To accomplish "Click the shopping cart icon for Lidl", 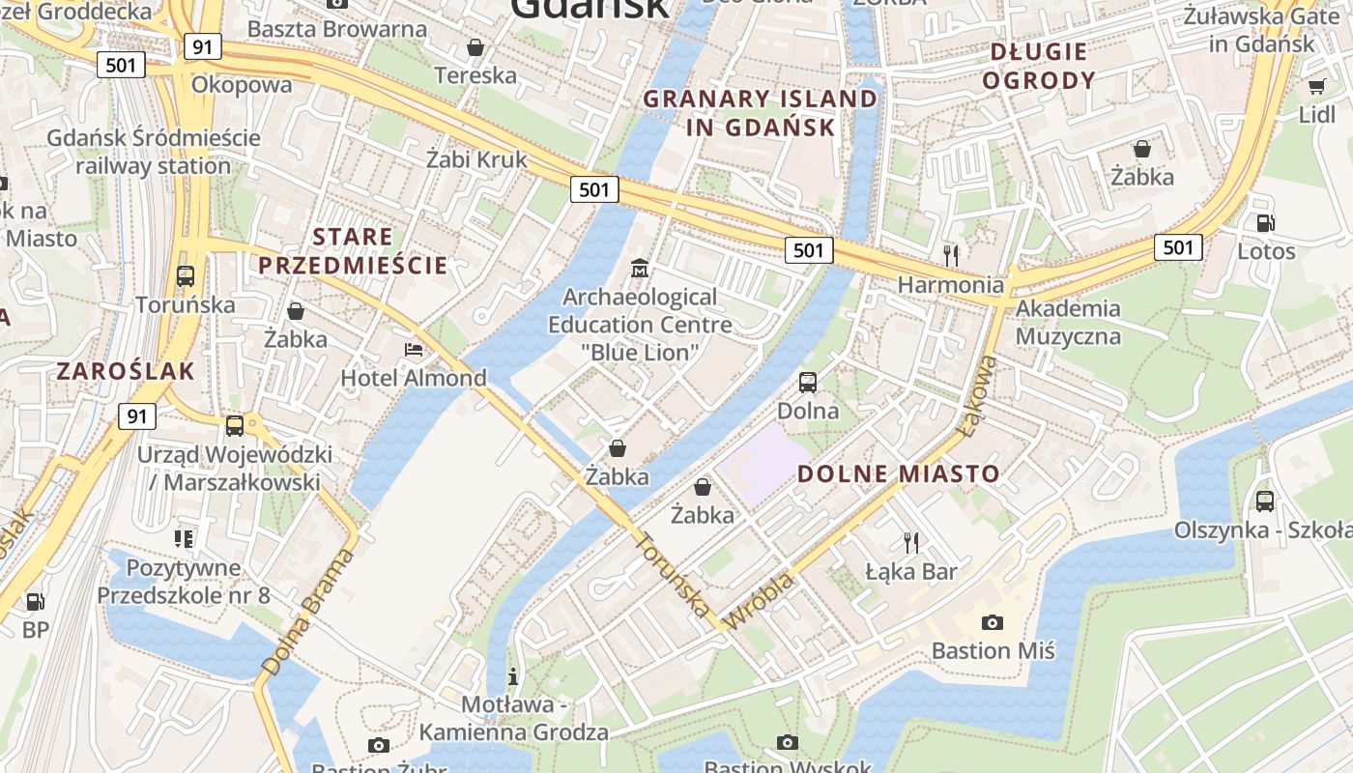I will click(x=1316, y=86).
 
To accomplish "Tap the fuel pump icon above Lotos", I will click(x=1265, y=223).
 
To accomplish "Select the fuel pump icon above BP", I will click(x=35, y=602).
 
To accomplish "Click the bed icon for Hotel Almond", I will click(x=414, y=349).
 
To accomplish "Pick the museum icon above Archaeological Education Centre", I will click(x=640, y=268).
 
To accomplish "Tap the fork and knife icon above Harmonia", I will click(x=951, y=255).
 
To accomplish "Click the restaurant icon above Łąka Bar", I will click(x=910, y=543).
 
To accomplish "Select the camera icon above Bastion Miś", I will click(x=992, y=622).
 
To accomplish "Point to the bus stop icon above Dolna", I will click(x=808, y=383).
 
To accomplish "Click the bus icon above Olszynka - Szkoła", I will click(x=1264, y=501).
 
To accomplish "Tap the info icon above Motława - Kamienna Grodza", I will click(x=513, y=675).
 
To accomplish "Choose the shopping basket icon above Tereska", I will click(x=475, y=46).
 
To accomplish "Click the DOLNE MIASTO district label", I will click(x=898, y=473).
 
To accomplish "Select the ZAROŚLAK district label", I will click(x=126, y=371).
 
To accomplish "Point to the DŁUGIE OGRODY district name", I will click(x=1039, y=66).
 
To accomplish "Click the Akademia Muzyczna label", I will click(x=1068, y=323).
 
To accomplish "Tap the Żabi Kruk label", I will click(x=477, y=158).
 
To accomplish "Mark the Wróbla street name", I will click(x=759, y=600).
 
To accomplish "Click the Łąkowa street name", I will click(x=979, y=395).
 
